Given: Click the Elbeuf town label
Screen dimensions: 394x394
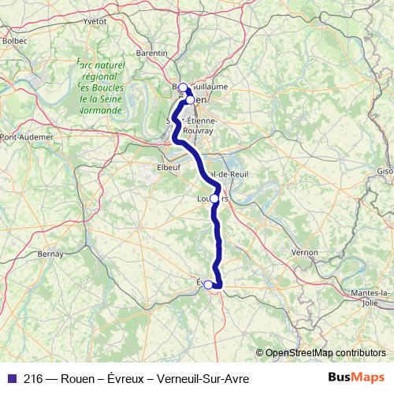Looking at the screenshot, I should tap(169, 167).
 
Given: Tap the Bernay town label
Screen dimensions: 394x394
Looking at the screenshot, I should tap(50, 254).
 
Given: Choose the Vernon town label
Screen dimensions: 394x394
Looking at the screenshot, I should tap(304, 252).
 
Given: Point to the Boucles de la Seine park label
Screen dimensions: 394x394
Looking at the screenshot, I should tap(100, 87).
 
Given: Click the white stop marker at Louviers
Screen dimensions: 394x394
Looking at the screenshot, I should tap(214, 199).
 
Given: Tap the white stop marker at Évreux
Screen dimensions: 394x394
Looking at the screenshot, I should tap(208, 285).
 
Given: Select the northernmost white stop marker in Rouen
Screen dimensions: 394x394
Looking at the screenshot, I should tap(182, 87).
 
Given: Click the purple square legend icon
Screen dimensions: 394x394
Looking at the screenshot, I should tap(10, 379).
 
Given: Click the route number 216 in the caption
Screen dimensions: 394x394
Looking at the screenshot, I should tap(33, 379).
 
